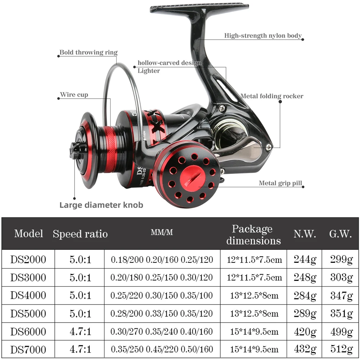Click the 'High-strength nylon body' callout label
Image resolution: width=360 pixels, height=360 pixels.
(263, 36)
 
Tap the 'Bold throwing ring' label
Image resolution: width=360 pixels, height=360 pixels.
(89, 53)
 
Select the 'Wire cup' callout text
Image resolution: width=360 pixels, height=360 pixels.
(74, 95)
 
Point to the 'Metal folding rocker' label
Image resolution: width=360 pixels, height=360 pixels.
(272, 96)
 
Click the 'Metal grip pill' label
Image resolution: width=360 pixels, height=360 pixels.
(280, 183)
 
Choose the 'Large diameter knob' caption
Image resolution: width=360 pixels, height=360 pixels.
(101, 205)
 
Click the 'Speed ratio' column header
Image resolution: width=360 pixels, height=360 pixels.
(80, 234)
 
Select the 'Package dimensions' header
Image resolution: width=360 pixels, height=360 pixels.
(253, 234)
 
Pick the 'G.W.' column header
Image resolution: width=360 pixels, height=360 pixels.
(340, 234)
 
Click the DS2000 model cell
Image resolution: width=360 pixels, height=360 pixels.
(28, 260)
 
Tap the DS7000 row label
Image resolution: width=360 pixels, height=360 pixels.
(28, 349)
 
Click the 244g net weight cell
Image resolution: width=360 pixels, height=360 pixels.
(305, 260)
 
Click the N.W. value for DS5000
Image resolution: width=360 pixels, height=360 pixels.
(305, 314)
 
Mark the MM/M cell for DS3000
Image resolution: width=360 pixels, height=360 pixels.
(162, 278)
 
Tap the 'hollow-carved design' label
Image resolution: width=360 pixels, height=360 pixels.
(169, 63)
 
